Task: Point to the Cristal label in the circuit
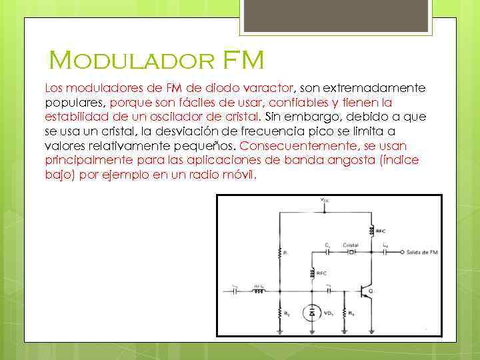(351, 245)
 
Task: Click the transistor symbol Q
(365, 291)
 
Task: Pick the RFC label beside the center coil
(321, 273)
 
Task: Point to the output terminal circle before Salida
(402, 253)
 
